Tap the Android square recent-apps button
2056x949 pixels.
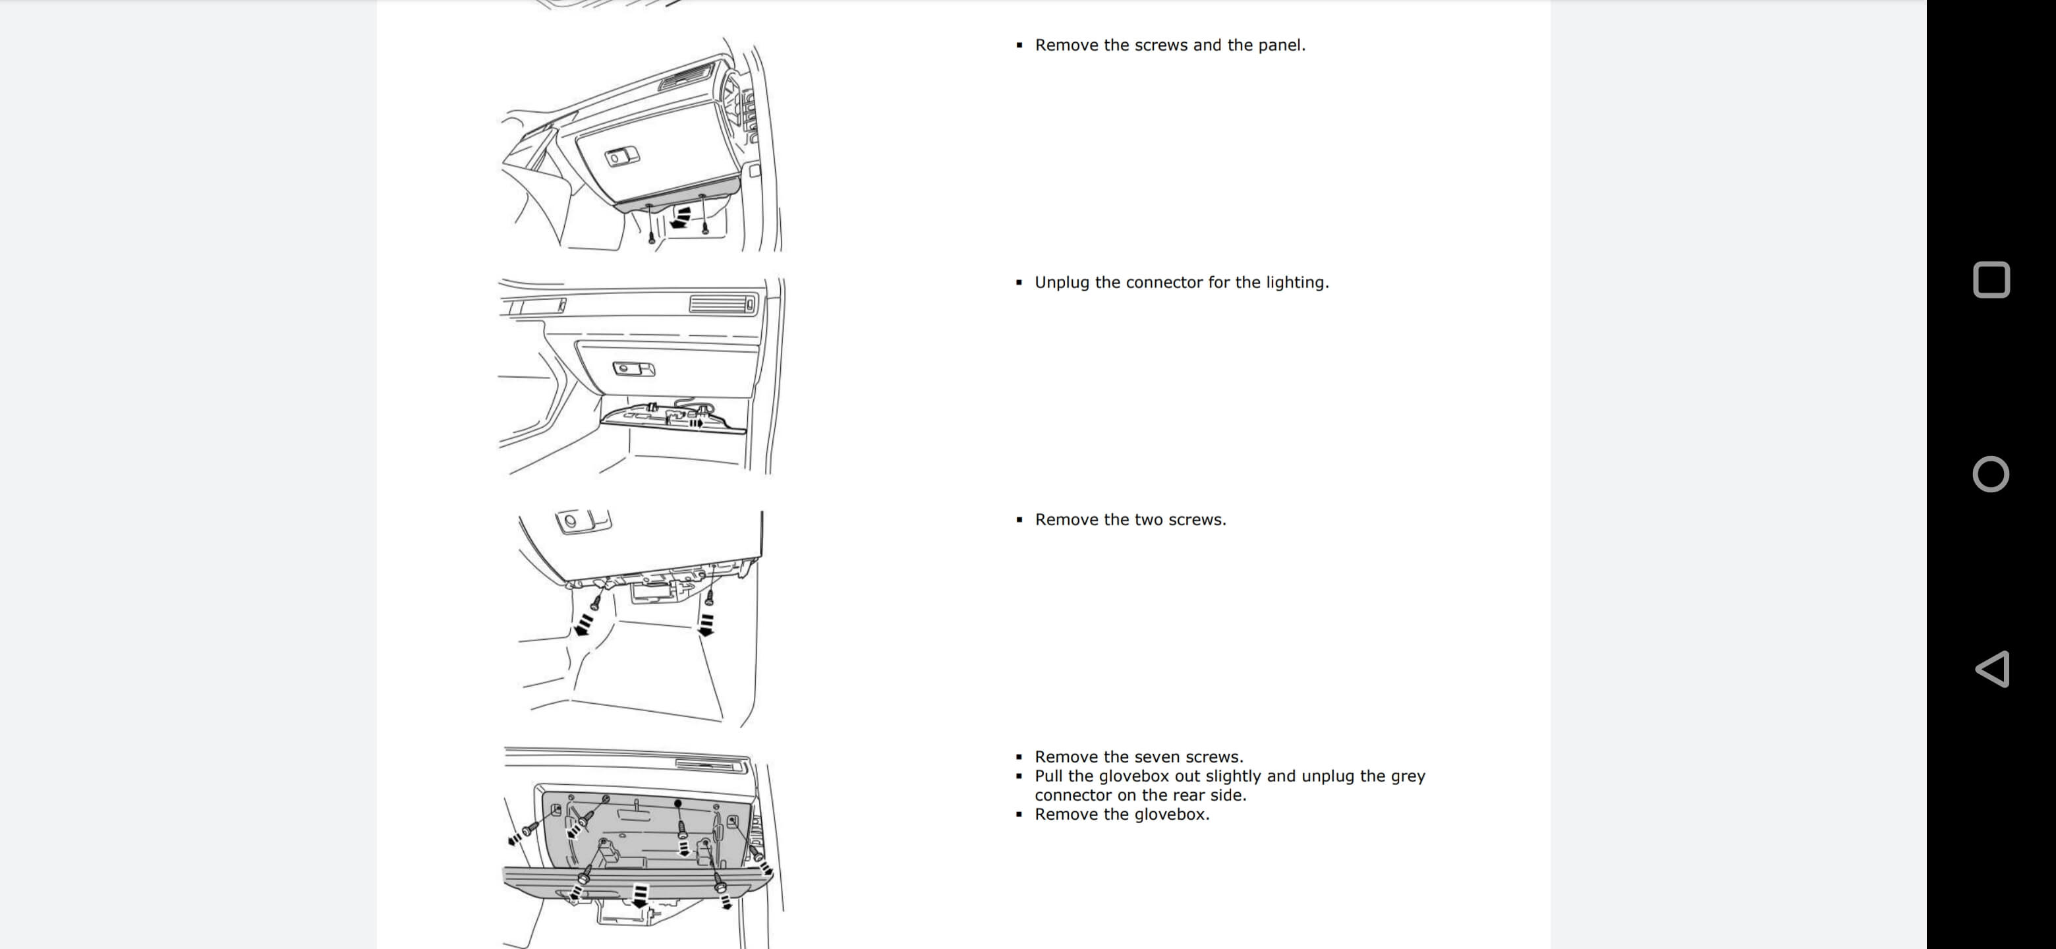pos(1991,280)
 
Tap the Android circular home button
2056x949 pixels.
pos(1991,474)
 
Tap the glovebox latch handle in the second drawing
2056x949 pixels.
pos(633,369)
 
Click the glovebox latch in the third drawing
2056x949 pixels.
pos(583,522)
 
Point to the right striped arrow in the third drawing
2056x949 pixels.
pos(706,624)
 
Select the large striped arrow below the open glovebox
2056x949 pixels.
pos(639,895)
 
